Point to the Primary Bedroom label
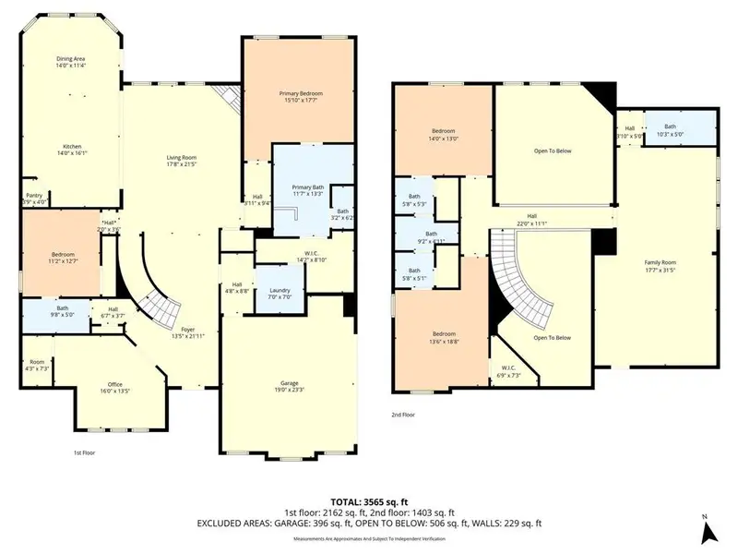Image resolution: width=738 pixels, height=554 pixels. (301, 94)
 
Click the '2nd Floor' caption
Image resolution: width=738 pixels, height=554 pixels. (402, 415)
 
